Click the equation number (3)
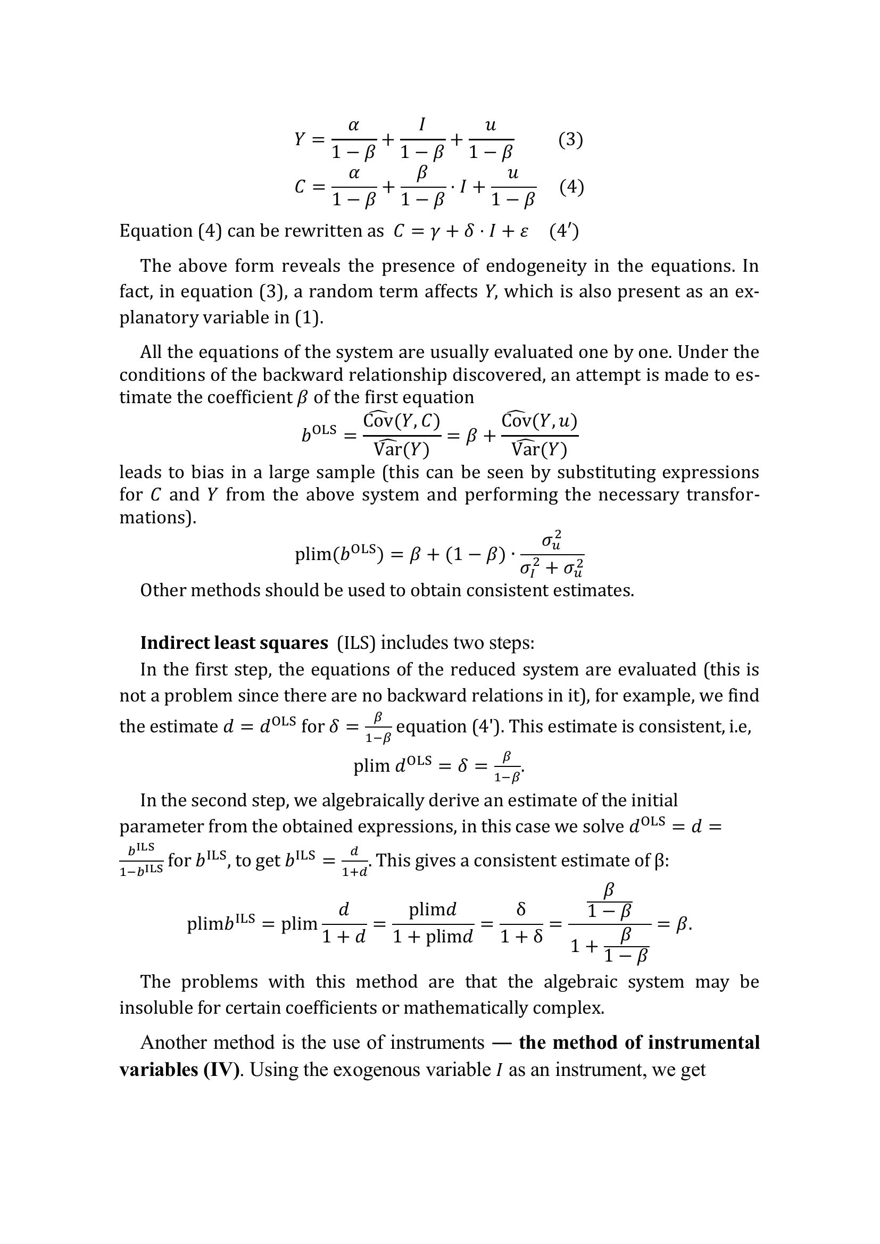coord(570,140)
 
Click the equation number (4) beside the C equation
coord(571,187)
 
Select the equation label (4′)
coord(564,231)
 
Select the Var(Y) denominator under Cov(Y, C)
coord(401,449)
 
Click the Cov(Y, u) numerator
coord(539,421)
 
